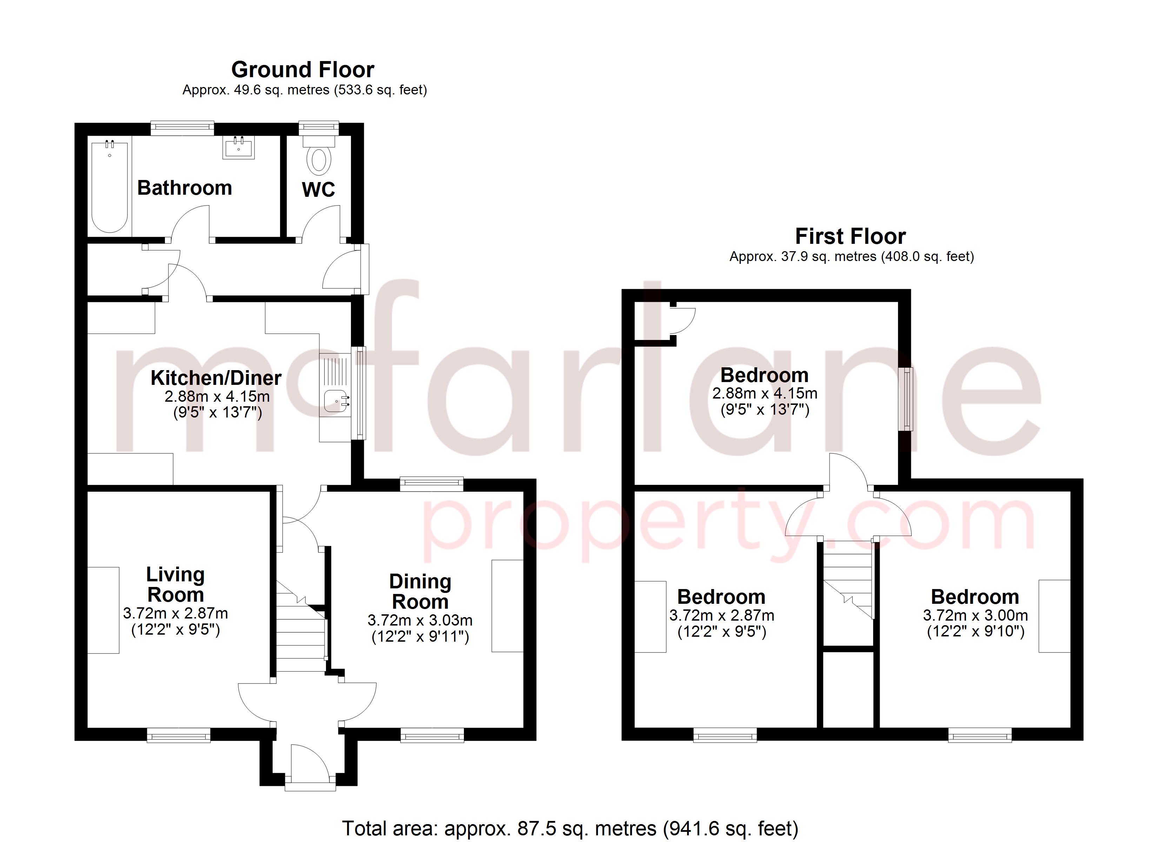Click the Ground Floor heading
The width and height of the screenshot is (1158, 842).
(303, 69)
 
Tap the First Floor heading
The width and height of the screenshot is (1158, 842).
(850, 236)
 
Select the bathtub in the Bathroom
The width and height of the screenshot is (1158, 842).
(109, 187)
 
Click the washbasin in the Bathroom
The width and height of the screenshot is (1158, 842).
(238, 148)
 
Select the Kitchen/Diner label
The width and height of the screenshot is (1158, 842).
(216, 378)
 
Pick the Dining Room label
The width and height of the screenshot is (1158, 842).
(420, 591)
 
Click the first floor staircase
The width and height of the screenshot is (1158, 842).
(847, 582)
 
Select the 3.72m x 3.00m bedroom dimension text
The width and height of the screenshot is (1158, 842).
(975, 615)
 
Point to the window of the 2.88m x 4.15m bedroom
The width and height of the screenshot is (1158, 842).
(907, 399)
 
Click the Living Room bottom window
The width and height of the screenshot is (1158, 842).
(178, 736)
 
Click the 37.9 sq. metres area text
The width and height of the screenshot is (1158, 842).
(851, 256)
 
